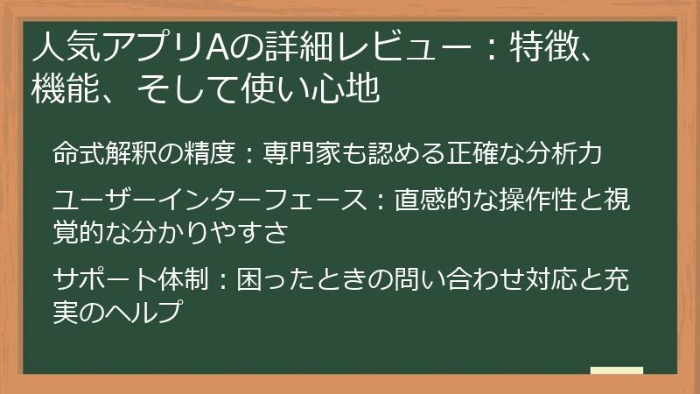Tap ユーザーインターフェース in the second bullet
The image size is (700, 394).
tap(206, 201)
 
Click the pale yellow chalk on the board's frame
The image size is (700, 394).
tap(616, 370)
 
